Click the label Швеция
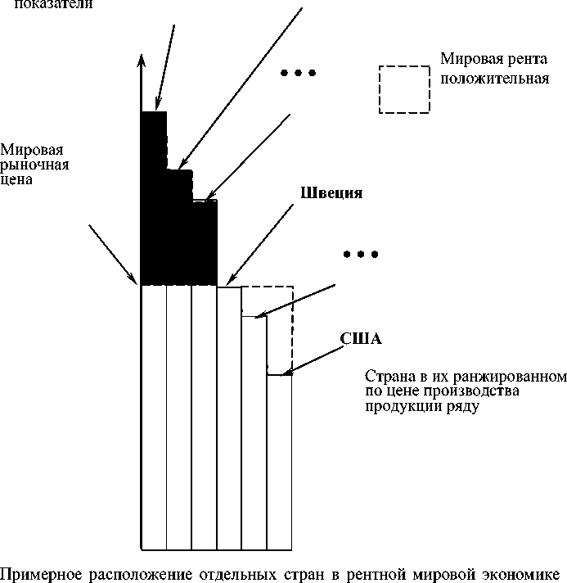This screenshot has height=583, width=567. click(x=331, y=194)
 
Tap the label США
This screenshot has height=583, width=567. click(x=362, y=338)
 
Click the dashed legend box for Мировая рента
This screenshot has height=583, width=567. click(x=403, y=88)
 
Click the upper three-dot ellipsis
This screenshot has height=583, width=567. click(x=298, y=74)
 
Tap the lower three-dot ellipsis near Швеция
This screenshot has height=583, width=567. click(x=361, y=255)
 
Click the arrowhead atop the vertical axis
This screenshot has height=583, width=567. click(x=142, y=61)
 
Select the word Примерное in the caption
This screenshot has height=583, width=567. click(x=38, y=572)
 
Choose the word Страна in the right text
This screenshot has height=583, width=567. click(x=386, y=377)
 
